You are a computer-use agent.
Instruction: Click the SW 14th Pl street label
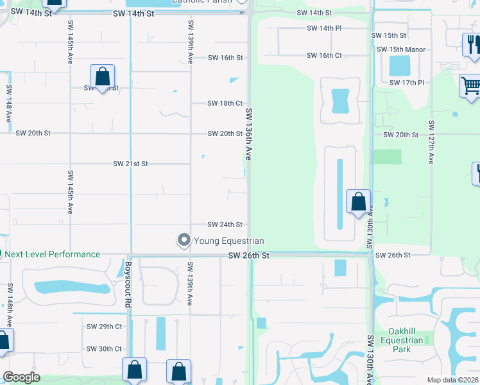[x=324, y=28]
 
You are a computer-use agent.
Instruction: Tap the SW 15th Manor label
[x=401, y=49]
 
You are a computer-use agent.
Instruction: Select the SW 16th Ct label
[x=324, y=56]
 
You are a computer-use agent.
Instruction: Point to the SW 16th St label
[x=225, y=58]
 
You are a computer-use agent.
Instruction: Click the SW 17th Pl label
[x=407, y=83]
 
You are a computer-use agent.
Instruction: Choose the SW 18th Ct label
[x=225, y=103]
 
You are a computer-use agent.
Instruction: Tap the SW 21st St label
[x=130, y=164]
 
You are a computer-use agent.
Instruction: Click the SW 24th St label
[x=225, y=225]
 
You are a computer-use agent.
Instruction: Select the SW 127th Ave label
[x=431, y=142]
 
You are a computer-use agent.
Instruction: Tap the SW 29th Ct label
[x=104, y=327]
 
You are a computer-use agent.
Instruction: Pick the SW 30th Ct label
[x=104, y=349]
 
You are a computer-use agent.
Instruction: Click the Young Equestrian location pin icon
[x=184, y=241]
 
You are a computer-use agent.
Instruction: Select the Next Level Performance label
[x=53, y=254]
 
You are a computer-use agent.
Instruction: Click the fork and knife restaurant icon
[x=472, y=44]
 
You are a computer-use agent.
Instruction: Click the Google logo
[x=21, y=377]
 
